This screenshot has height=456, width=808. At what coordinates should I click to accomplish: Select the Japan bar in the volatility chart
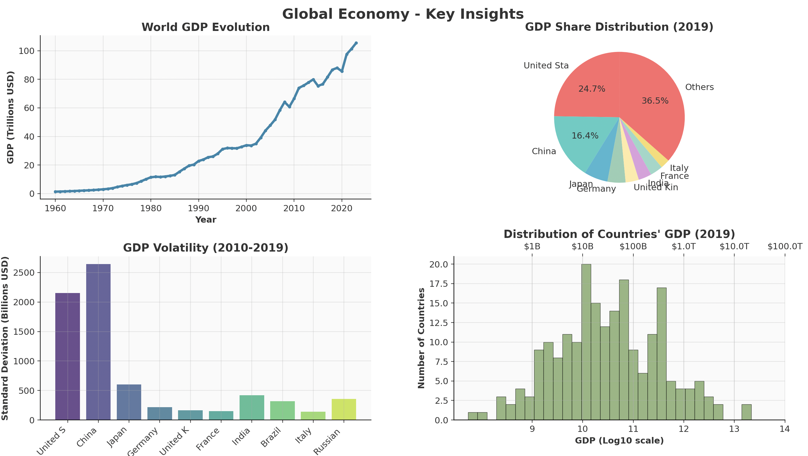click(x=129, y=402)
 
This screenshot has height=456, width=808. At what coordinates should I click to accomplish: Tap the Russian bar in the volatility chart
click(x=344, y=409)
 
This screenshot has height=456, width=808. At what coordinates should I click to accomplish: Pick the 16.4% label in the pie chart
click(x=585, y=136)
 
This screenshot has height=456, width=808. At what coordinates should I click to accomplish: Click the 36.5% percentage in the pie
click(x=655, y=101)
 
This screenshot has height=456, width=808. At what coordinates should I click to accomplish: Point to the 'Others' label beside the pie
click(x=699, y=87)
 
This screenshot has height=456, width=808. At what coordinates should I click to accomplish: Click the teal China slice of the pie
click(x=577, y=145)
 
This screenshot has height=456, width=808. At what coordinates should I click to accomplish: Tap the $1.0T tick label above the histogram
click(x=684, y=246)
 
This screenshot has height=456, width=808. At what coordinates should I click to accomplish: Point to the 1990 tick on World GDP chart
click(x=198, y=208)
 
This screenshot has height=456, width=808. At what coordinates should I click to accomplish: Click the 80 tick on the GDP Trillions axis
click(x=29, y=80)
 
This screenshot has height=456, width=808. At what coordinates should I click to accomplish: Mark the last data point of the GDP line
click(x=356, y=43)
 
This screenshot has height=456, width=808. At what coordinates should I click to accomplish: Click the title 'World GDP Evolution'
click(x=206, y=27)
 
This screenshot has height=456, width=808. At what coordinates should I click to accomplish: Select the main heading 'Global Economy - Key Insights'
click(x=403, y=14)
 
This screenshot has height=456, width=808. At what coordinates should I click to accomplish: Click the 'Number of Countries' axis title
click(x=421, y=338)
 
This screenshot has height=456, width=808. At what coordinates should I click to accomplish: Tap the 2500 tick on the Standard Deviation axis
click(x=24, y=273)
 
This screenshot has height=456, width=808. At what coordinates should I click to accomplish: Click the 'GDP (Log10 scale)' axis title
click(x=619, y=441)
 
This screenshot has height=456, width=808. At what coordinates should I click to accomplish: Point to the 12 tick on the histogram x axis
click(x=684, y=429)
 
